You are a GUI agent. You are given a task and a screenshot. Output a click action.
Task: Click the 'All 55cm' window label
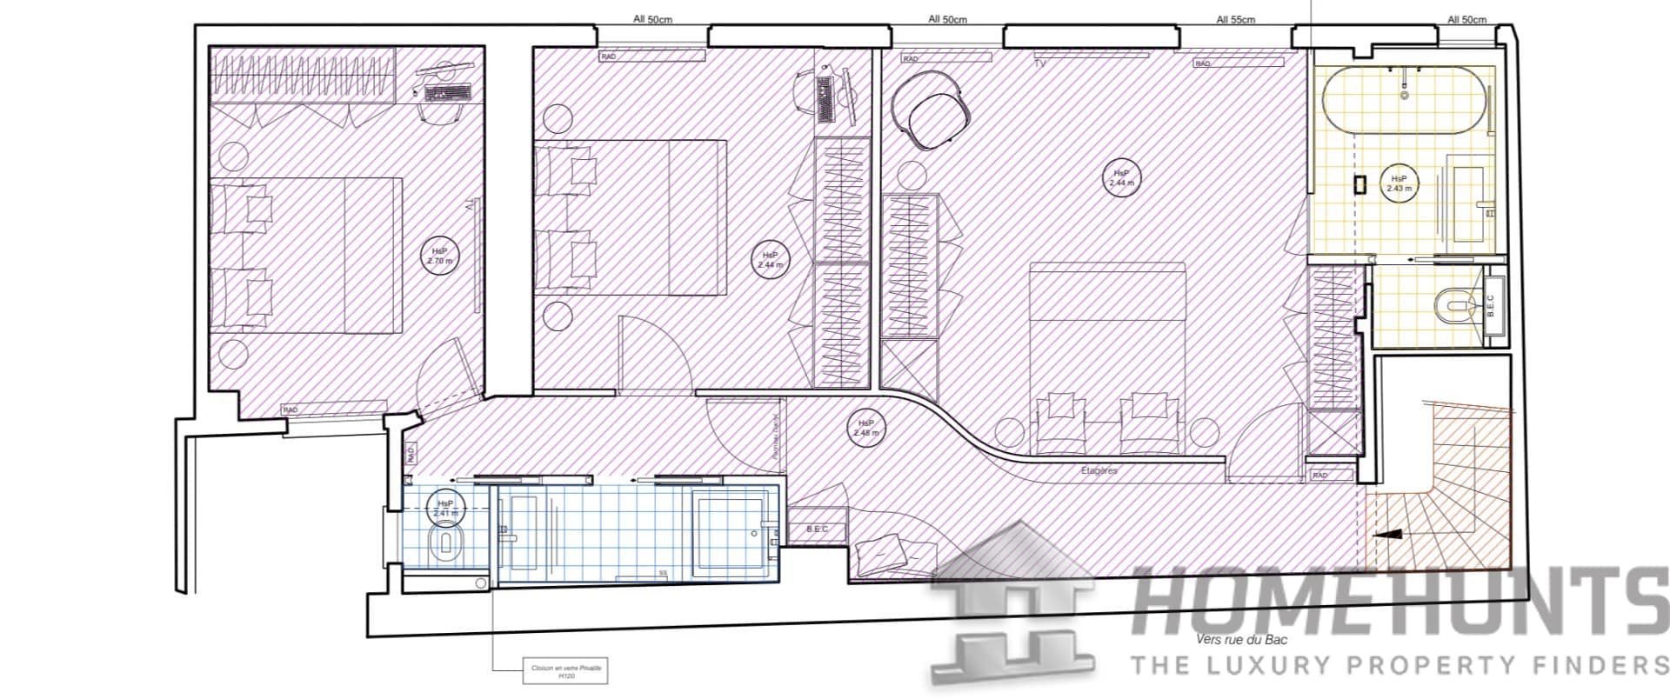(1235, 19)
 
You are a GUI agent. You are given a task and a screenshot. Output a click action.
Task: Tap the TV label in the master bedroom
(1039, 63)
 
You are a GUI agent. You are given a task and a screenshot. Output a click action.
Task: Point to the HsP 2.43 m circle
(1399, 183)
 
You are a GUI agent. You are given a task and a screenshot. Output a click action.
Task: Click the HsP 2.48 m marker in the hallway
(865, 427)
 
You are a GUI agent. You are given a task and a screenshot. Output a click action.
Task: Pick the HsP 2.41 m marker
(444, 508)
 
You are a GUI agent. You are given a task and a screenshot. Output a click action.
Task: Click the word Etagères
(1099, 470)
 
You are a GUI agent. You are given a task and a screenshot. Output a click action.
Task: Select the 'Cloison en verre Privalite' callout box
(565, 671)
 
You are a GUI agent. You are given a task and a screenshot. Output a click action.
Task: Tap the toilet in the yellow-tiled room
(1450, 305)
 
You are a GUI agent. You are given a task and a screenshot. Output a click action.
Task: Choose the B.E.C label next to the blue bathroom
(818, 529)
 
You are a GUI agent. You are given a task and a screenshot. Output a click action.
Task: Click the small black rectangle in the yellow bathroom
(1359, 184)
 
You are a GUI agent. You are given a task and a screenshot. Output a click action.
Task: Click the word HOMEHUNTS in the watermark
(1392, 603)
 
